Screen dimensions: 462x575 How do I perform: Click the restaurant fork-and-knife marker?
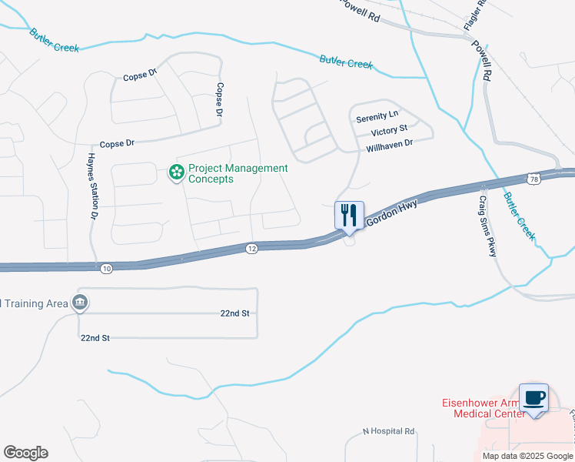(x=349, y=215)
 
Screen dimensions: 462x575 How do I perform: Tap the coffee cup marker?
(x=533, y=398)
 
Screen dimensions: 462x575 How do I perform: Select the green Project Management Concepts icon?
(x=176, y=172)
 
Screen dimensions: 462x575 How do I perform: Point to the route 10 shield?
(x=106, y=267)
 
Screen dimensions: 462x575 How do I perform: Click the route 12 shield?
(x=252, y=248)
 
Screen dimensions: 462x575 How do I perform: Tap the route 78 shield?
(x=533, y=179)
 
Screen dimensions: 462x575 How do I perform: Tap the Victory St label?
(x=388, y=132)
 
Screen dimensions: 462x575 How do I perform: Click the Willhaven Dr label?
(x=390, y=144)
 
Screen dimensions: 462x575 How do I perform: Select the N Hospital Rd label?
(x=389, y=431)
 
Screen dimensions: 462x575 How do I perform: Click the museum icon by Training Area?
(x=79, y=303)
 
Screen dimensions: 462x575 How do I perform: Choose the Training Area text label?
(x=35, y=303)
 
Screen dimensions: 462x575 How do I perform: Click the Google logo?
(x=25, y=453)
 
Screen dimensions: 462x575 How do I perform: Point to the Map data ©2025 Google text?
(x=527, y=456)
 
